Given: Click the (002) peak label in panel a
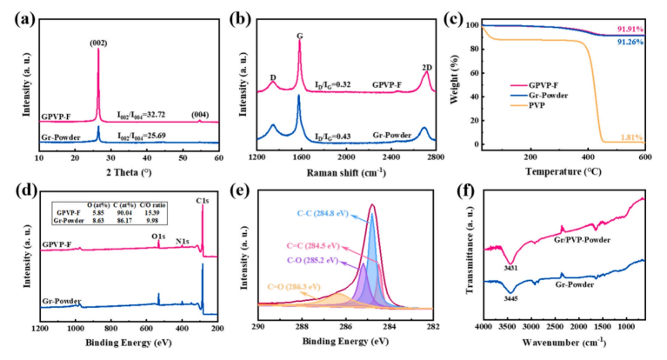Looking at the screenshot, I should [97, 39].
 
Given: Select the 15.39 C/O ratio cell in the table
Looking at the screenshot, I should [154, 211].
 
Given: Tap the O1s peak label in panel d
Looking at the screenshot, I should [160, 237].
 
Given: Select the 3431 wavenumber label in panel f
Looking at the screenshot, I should [510, 267].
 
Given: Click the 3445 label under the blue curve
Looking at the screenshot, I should [510, 297].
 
